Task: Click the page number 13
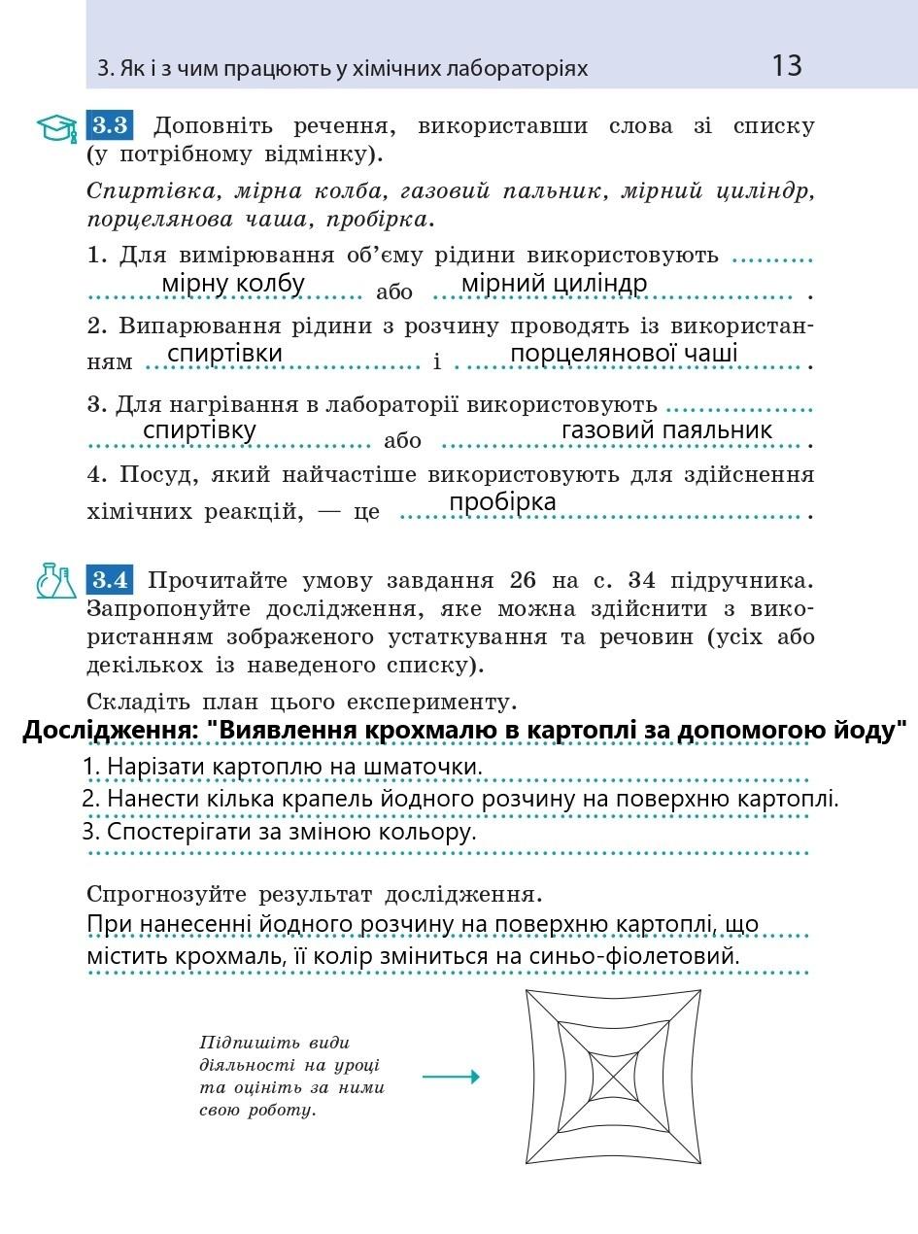click(x=787, y=66)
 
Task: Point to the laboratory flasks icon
click(x=56, y=581)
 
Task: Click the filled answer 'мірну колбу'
click(x=233, y=284)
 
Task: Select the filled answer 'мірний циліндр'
click(x=554, y=284)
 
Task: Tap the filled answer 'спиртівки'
click(x=225, y=353)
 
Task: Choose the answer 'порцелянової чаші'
click(x=624, y=353)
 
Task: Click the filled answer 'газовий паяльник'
click(x=666, y=430)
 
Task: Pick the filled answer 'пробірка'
click(x=502, y=502)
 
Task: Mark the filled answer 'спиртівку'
click(x=199, y=430)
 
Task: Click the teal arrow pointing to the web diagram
click(x=451, y=1077)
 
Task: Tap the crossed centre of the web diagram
click(x=613, y=1078)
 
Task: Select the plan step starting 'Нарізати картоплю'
click(x=282, y=767)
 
